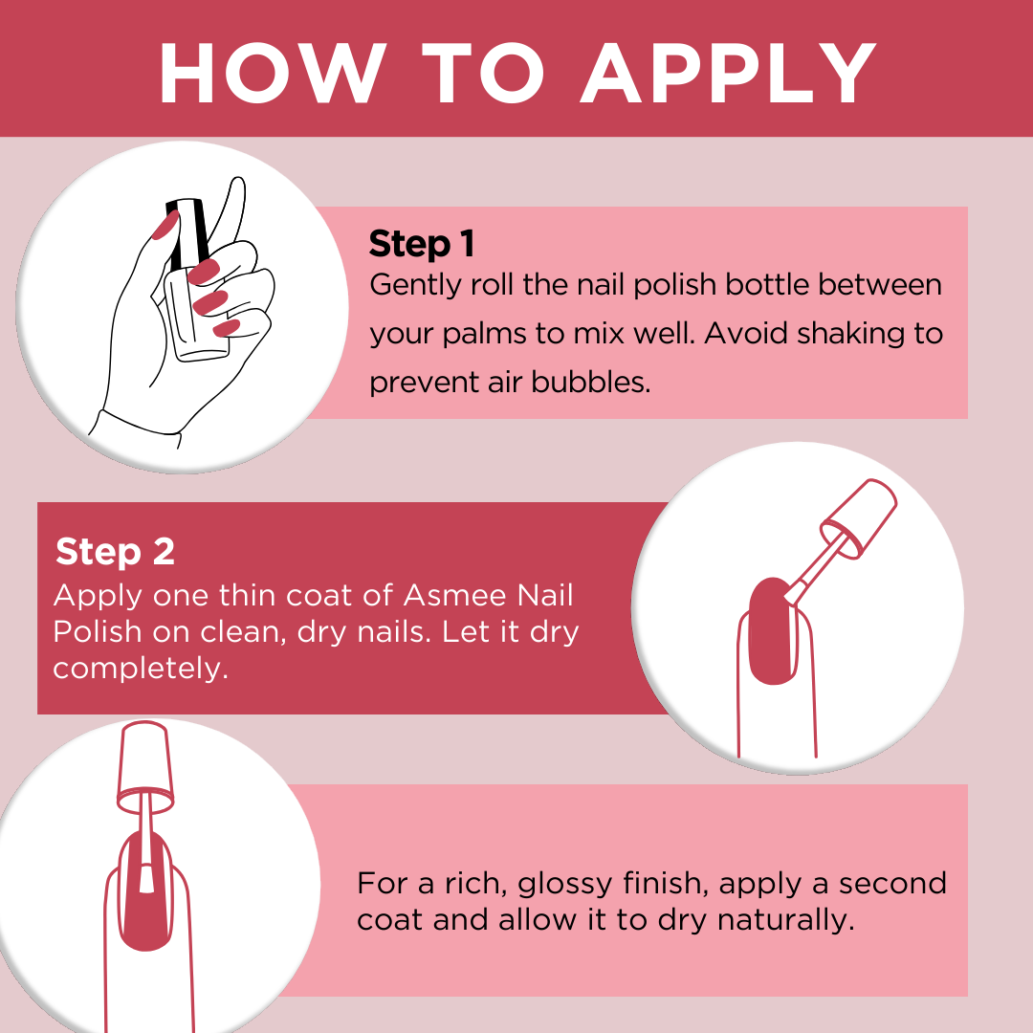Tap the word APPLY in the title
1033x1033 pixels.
coord(729,73)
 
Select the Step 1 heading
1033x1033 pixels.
coord(422,244)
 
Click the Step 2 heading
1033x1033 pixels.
coord(116,551)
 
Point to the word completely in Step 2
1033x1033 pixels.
coord(141,670)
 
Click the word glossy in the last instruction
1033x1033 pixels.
coord(565,885)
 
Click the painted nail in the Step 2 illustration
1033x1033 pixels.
coord(772,631)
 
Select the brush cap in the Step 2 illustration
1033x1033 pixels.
coord(859,517)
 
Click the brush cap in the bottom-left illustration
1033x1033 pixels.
coord(145,766)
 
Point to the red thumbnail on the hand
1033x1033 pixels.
coord(165,226)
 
